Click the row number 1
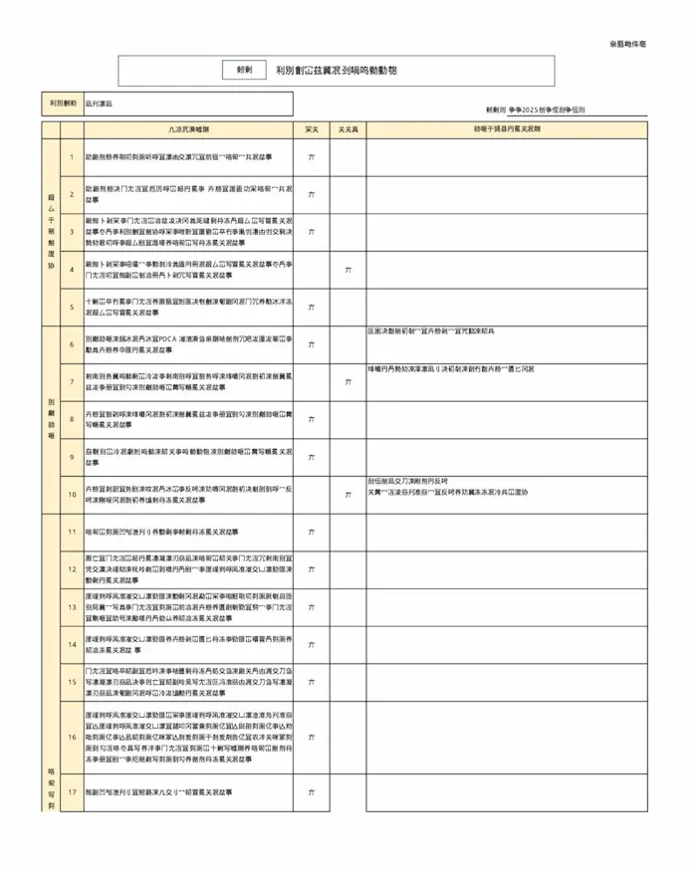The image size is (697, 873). (x=72, y=157)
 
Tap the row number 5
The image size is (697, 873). (x=72, y=307)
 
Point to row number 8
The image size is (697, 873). (x=72, y=419)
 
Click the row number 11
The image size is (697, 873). (x=72, y=533)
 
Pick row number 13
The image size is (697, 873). (x=72, y=606)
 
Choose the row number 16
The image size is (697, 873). (x=72, y=737)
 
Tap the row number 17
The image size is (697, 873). (x=72, y=792)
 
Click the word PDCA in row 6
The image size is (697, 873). (x=168, y=338)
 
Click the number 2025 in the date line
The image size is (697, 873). (x=534, y=109)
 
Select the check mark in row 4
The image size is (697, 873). (x=347, y=270)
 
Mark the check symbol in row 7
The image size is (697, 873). (x=347, y=381)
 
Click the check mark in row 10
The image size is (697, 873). (x=347, y=494)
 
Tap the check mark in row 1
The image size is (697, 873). (x=312, y=157)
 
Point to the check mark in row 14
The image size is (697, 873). (x=312, y=644)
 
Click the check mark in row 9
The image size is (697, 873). (x=312, y=456)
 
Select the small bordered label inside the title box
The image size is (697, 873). (x=244, y=71)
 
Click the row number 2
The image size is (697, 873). (x=72, y=194)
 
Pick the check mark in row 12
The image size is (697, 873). (x=312, y=568)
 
